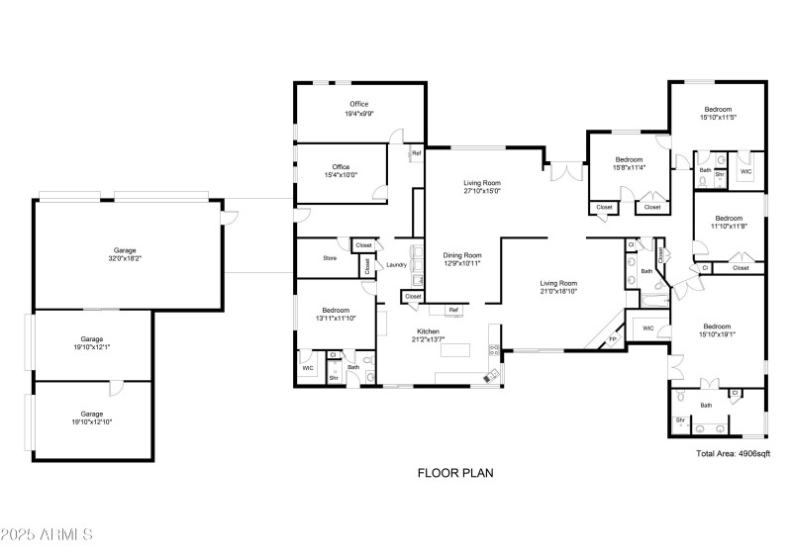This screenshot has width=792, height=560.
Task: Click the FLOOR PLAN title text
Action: tap(454, 473)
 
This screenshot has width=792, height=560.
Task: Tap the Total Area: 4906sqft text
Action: tap(733, 453)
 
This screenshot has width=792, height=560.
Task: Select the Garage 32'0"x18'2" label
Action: tap(124, 255)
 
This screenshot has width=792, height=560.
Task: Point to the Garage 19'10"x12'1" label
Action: tap(91, 343)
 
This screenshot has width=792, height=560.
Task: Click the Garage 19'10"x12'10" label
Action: tap(91, 419)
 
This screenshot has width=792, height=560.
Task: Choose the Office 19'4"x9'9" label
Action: tap(358, 109)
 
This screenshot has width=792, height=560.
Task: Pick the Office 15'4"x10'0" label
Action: tap(341, 171)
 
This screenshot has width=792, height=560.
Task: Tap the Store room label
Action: tap(330, 259)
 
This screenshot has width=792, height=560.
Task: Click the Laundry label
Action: tap(397, 265)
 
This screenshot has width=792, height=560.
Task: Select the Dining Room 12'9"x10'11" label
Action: tap(461, 259)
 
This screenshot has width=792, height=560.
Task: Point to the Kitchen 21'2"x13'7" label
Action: tap(428, 335)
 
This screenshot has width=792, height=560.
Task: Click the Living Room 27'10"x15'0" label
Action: tap(482, 187)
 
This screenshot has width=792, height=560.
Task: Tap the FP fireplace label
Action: tap(612, 339)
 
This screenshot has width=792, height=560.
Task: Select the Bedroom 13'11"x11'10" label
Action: tap(335, 315)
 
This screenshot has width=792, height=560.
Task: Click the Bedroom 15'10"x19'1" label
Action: tap(717, 331)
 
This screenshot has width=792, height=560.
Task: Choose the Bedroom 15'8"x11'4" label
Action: tap(630, 163)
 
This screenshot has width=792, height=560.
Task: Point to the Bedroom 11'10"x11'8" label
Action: tap(729, 223)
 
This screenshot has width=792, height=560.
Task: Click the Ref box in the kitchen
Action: tap(453, 311)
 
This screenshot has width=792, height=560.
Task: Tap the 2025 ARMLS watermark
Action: tap(47, 535)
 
